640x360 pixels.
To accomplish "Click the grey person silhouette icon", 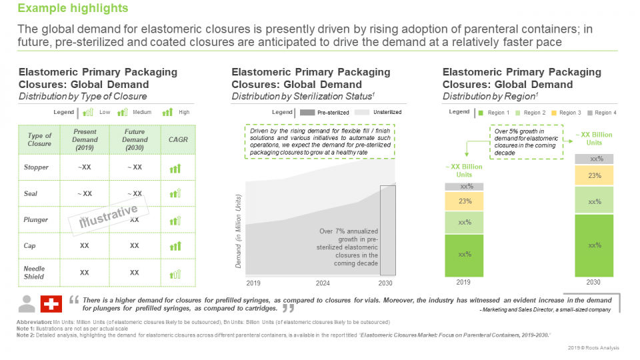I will pyautogui.click(x=27, y=303).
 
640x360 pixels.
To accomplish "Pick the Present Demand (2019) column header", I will pyautogui.click(x=85, y=140).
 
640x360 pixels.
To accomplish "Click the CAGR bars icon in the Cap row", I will pyautogui.click(x=175, y=246).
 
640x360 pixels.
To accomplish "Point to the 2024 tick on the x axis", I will pyautogui.click(x=323, y=283).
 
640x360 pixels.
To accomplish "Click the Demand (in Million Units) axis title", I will pyautogui.click(x=238, y=232).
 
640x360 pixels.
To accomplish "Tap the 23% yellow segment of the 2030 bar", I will pyautogui.click(x=595, y=176).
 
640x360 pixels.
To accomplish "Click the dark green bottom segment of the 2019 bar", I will pyautogui.click(x=465, y=255).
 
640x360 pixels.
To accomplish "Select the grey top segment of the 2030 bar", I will pyautogui.click(x=595, y=159).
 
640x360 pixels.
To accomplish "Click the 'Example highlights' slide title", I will pyautogui.click(x=73, y=9).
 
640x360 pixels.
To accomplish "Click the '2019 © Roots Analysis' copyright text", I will pyautogui.click(x=594, y=348).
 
